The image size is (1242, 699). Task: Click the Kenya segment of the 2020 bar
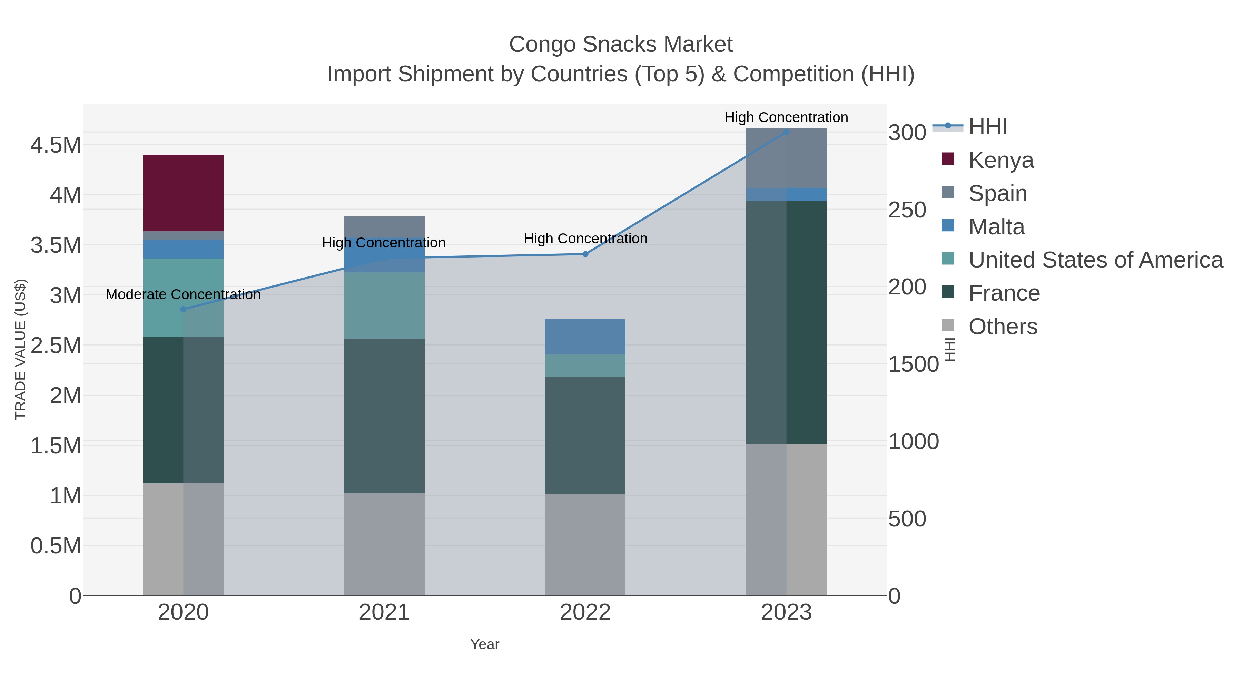click(183, 193)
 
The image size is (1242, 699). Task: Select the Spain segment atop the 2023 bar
click(786, 158)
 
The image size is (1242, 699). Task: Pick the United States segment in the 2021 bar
click(384, 305)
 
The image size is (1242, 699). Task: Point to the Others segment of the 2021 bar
click(384, 544)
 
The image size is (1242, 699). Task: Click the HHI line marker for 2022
click(585, 254)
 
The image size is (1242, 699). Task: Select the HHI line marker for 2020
click(183, 309)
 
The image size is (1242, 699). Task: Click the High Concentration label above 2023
click(786, 118)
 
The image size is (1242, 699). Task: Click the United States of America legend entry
click(1095, 260)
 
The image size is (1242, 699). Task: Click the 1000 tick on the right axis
click(913, 442)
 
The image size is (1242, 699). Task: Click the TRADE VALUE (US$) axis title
click(21, 349)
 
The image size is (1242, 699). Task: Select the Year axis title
click(485, 644)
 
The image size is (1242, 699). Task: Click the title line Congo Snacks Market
click(621, 45)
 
